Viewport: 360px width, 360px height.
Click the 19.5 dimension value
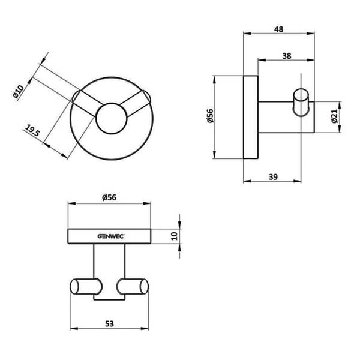pos(32,131)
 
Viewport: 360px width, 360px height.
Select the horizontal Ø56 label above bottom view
pos(109,197)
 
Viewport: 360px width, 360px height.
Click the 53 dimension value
pos(109,322)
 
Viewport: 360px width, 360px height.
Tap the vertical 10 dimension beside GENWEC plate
pos(175,236)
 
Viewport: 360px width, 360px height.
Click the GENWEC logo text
pos(109,236)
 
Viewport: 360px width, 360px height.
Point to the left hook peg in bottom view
pos(84,286)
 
